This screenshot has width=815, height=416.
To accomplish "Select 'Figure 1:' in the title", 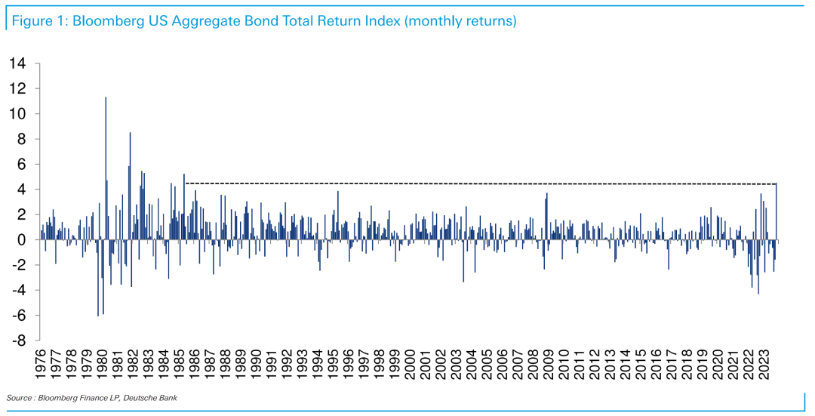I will [x=37, y=21].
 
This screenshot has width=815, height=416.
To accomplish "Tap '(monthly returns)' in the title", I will [x=460, y=21].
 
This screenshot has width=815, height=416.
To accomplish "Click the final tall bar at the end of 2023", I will [x=777, y=211].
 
